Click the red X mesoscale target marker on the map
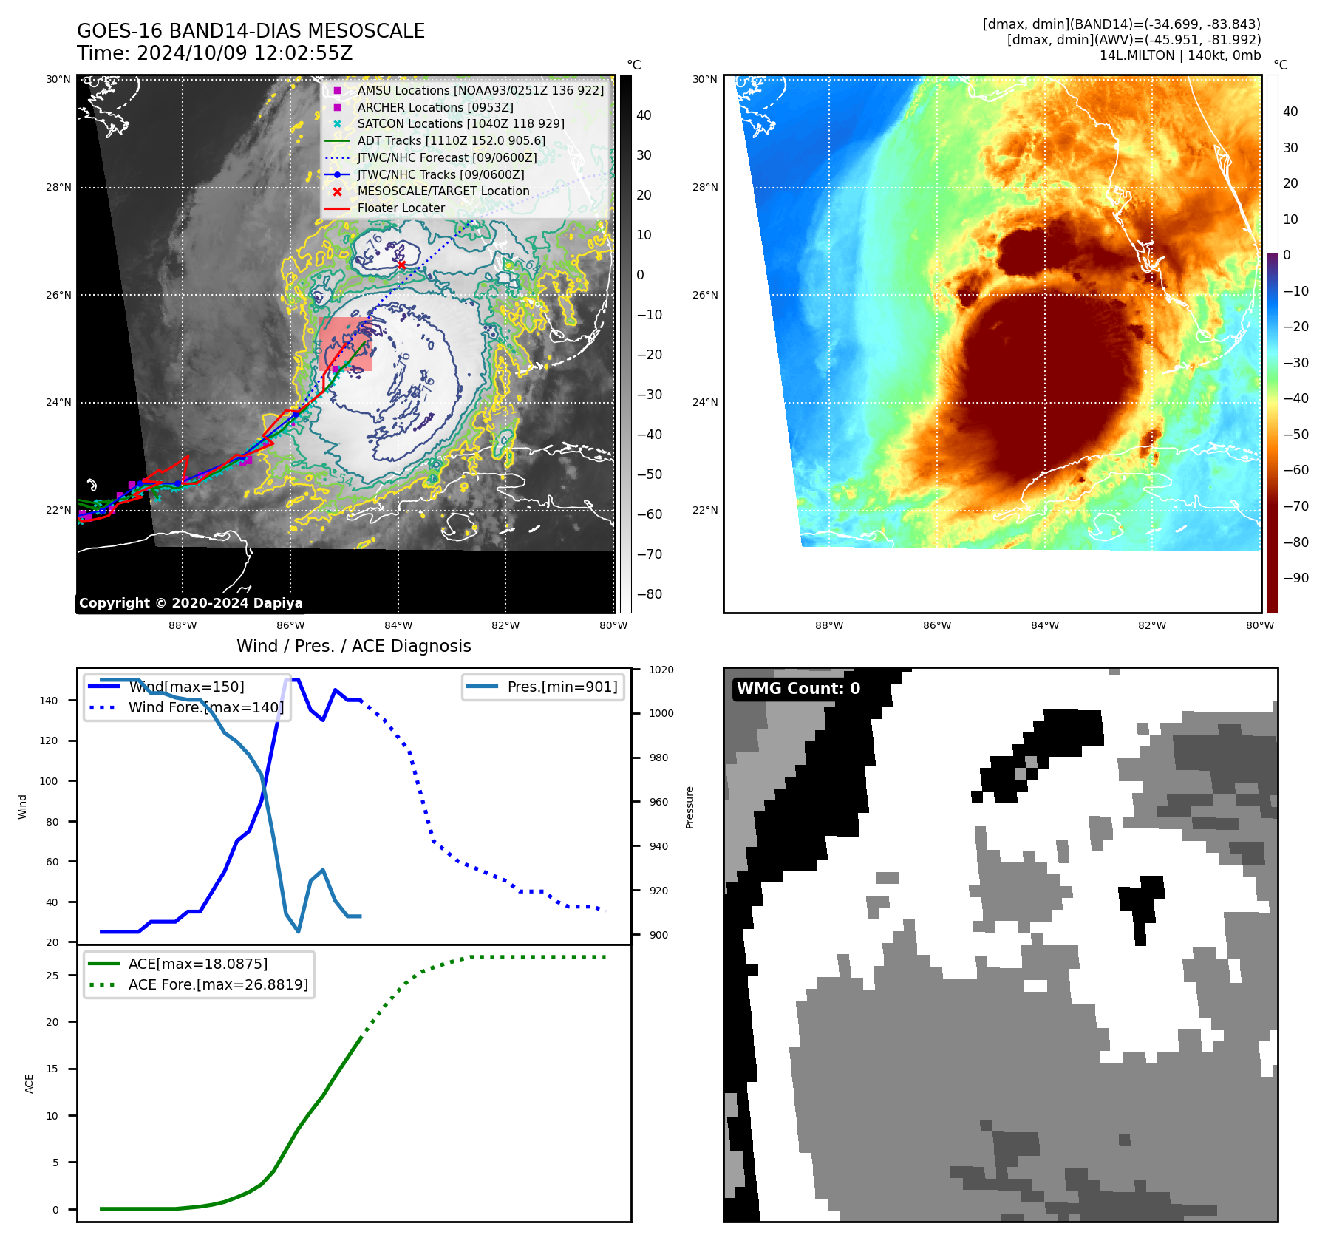pyautogui.click(x=401, y=265)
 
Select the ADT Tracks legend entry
pyautogui.click(x=451, y=140)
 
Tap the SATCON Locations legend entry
pyautogui.click(x=460, y=123)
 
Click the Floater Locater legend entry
pyautogui.click(x=401, y=208)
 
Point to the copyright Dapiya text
pyautogui.click(x=191, y=603)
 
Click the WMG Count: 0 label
pyautogui.click(x=798, y=689)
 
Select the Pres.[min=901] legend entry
pyautogui.click(x=562, y=687)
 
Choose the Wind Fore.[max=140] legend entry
pyautogui.click(x=205, y=707)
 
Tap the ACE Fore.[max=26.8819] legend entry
pyautogui.click(x=218, y=984)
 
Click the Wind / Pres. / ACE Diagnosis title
pyautogui.click(x=353, y=646)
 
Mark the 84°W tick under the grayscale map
pyautogui.click(x=398, y=625)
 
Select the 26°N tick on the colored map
pyautogui.click(x=705, y=295)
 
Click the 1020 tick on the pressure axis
pyautogui.click(x=661, y=670)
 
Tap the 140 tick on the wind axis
pyautogui.click(x=48, y=701)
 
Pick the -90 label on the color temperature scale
pyautogui.click(x=1295, y=578)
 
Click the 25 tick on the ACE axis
pyautogui.click(x=52, y=976)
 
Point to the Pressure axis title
pyautogui.click(x=689, y=807)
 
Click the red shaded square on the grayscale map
pyautogui.click(x=346, y=344)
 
